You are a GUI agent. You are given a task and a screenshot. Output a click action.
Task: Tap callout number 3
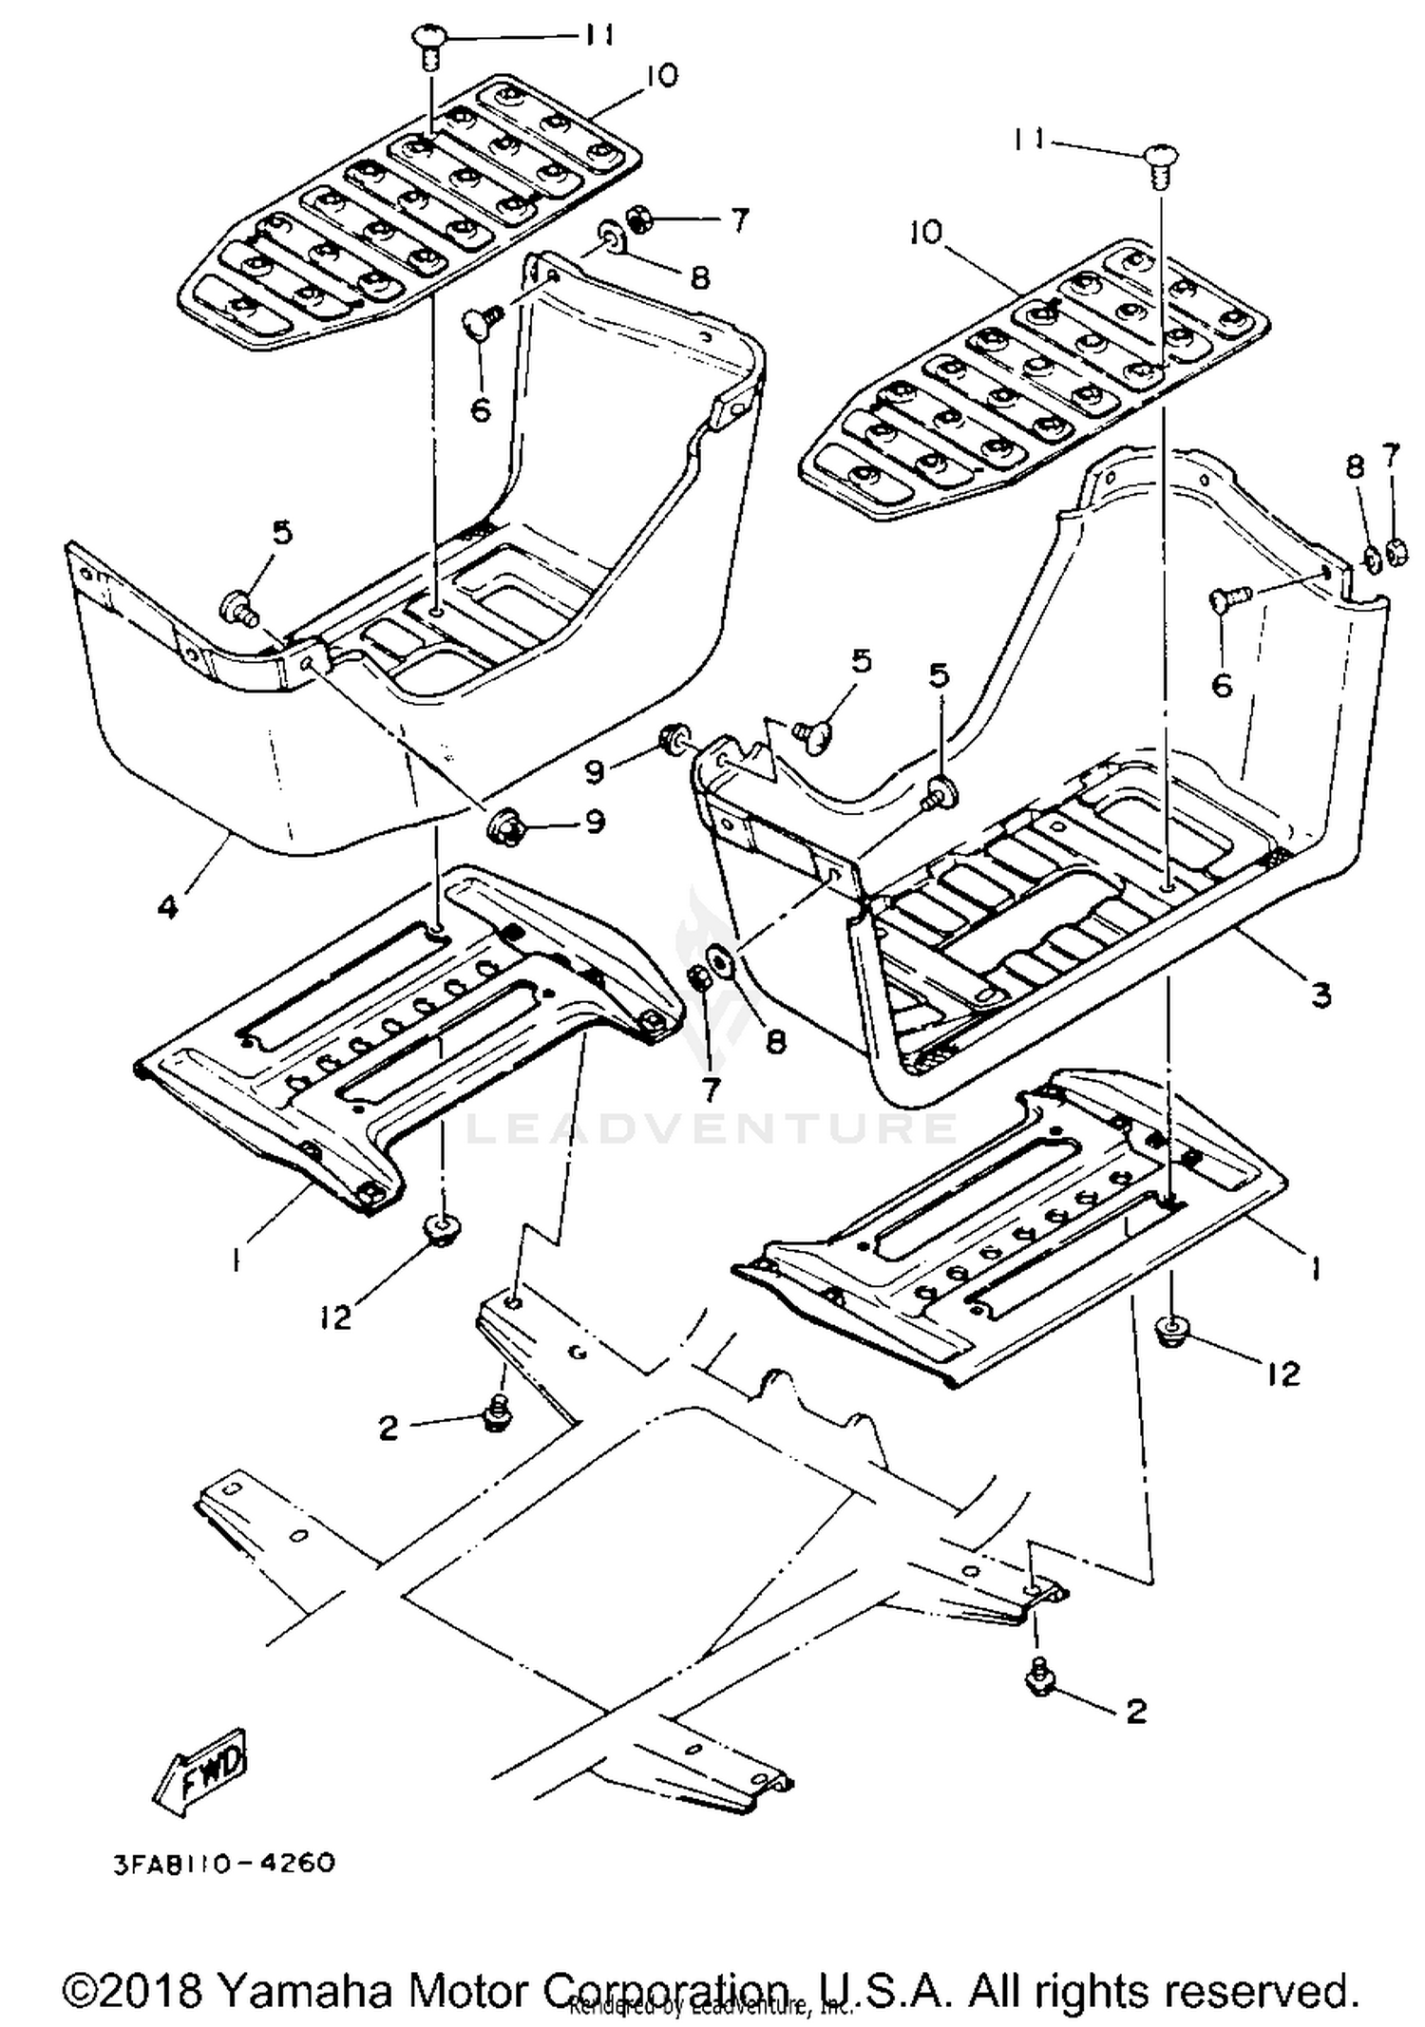[x=1320, y=995]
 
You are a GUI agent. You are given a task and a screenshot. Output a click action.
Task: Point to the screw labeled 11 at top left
[x=427, y=43]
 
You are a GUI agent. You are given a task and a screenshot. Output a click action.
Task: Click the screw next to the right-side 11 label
[x=1157, y=158]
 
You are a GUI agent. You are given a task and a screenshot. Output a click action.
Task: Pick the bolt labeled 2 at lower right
[x=1036, y=1679]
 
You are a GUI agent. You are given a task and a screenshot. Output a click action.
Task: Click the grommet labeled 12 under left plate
[x=438, y=1227]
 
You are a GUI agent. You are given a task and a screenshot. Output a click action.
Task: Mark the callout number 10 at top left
[x=660, y=75]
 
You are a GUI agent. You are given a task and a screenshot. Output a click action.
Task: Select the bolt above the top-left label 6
[x=481, y=323]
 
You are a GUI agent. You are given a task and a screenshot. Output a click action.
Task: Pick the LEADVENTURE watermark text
[x=712, y=1128]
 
